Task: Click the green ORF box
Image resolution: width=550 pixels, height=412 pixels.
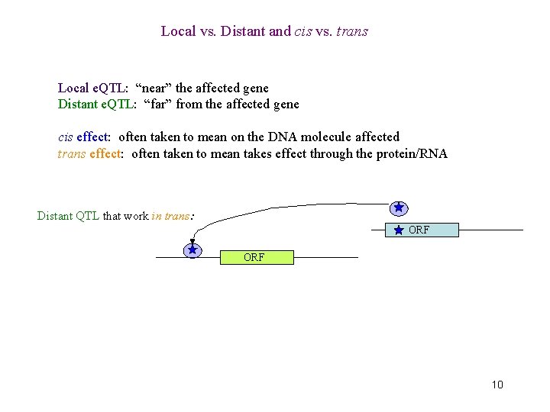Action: (257, 257)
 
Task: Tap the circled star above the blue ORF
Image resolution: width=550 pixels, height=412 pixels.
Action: (398, 208)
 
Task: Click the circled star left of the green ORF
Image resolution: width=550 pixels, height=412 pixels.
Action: (193, 250)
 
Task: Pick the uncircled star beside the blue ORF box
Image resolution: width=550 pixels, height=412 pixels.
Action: (399, 230)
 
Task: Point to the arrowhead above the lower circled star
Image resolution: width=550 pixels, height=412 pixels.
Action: (192, 242)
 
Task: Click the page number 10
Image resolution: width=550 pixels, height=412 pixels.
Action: (497, 385)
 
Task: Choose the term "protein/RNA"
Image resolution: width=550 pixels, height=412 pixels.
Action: (411, 153)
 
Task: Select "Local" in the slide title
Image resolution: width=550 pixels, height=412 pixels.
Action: (177, 31)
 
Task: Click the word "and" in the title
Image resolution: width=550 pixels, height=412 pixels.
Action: (280, 31)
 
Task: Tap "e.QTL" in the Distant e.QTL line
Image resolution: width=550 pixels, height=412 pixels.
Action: (118, 104)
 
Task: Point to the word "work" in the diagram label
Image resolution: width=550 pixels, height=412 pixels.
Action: (136, 216)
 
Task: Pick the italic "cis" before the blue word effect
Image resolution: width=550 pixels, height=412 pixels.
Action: (66, 137)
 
